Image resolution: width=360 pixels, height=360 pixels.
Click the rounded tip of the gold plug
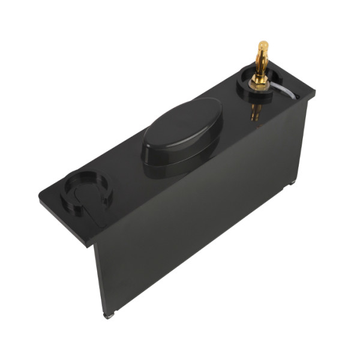tap(262, 44)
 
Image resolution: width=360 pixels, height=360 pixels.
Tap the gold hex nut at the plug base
tap(260, 79)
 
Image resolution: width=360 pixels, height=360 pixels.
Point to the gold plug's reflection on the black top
tap(256, 112)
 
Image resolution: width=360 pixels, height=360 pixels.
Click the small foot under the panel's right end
tap(293, 182)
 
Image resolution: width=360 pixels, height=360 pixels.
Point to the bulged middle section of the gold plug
tap(262, 59)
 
